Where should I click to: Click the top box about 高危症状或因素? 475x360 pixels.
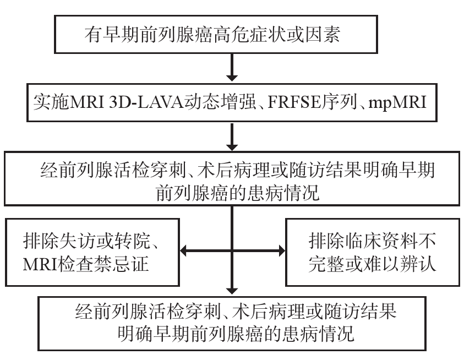[233, 36]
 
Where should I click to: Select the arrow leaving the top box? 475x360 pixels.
[233, 69]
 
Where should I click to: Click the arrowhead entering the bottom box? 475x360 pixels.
[233, 291]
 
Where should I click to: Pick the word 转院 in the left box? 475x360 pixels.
[146, 241]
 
